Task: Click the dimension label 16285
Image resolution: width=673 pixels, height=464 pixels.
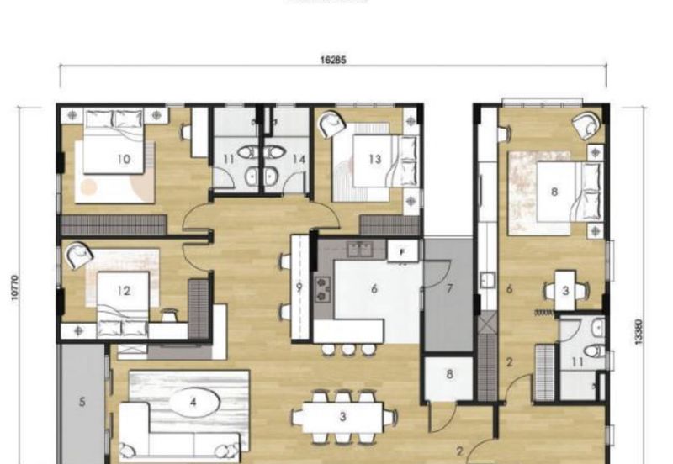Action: click(x=333, y=61)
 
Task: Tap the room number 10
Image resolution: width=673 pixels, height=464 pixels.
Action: click(x=124, y=159)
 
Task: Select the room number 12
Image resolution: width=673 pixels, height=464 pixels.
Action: click(x=124, y=292)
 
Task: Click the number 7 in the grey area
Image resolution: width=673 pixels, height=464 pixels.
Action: click(x=449, y=288)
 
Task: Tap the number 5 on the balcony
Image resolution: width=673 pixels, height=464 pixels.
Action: click(x=82, y=403)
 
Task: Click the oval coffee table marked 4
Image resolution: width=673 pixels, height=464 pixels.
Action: click(x=193, y=403)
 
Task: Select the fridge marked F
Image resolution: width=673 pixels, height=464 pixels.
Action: click(x=402, y=250)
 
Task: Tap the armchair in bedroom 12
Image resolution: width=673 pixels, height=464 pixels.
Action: click(x=79, y=255)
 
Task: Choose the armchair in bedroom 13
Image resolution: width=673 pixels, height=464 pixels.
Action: click(x=330, y=124)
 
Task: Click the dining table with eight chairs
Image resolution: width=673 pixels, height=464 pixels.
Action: click(x=342, y=416)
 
